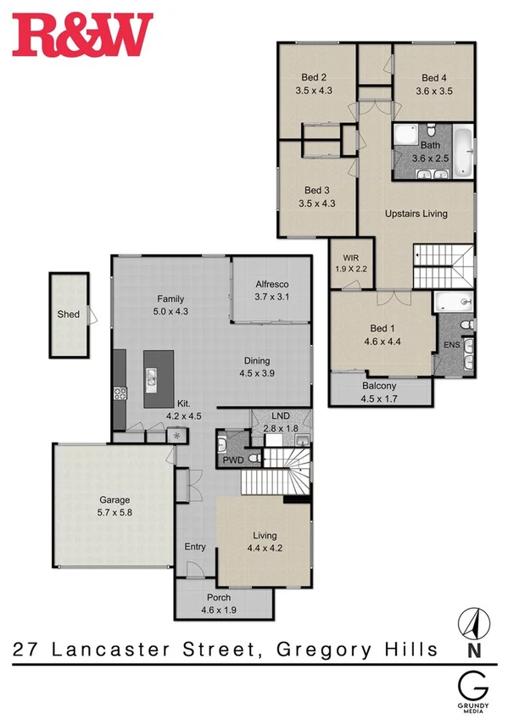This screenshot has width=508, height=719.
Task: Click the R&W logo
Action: pyautogui.click(x=82, y=34)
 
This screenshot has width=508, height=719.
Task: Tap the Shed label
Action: pyautogui.click(x=68, y=315)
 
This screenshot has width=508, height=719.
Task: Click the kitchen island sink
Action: pyautogui.click(x=153, y=378)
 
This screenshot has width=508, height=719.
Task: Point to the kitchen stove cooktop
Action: pyautogui.click(x=120, y=393)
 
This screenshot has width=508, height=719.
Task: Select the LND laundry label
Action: pyautogui.click(x=280, y=417)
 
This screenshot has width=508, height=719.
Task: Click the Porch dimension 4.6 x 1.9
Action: pyautogui.click(x=218, y=609)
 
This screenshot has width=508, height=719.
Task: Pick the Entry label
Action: pyautogui.click(x=195, y=547)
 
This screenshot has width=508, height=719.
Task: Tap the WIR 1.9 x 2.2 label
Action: pyautogui.click(x=351, y=263)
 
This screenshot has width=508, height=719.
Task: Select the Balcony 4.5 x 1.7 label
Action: pyautogui.click(x=378, y=393)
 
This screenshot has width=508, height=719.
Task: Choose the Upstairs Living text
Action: pyautogui.click(x=416, y=214)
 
